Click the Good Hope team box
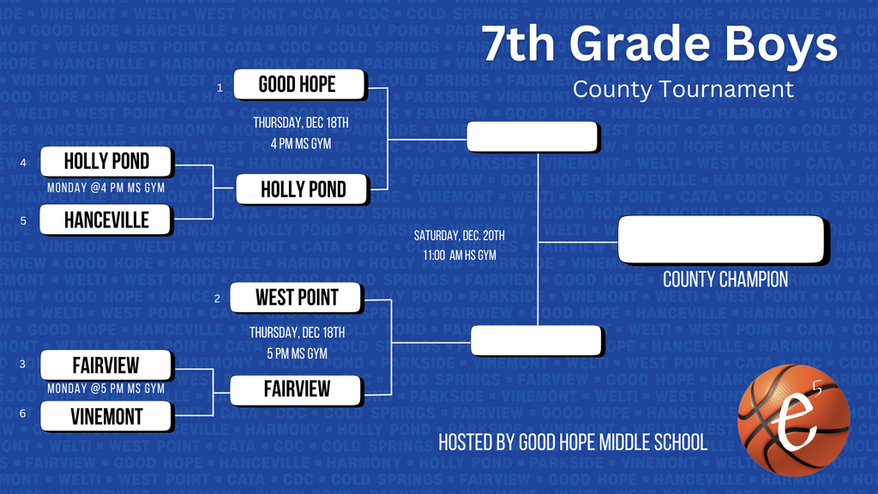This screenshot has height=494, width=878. coord(298,85)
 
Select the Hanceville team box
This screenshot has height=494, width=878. coord(106,220)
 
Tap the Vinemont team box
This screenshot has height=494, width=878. coord(106,417)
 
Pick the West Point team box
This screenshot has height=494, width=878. coord(297,298)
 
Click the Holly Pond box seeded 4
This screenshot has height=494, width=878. coord(106,161)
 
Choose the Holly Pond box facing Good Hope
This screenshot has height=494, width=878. coord(303,189)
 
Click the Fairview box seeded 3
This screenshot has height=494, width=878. coord(106,364)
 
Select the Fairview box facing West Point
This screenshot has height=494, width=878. coord(297,389)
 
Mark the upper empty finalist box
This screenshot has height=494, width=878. coord(532,136)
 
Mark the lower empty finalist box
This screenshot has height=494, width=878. coord(537,340)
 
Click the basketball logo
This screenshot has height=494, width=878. coord(793,420)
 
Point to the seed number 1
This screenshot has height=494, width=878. coord(219,87)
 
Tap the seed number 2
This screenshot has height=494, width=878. coord(218,298)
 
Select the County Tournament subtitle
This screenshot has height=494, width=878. coord(683,89)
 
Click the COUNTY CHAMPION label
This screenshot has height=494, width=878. coord(725,280)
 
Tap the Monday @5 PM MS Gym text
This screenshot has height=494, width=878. coord(106,389)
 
